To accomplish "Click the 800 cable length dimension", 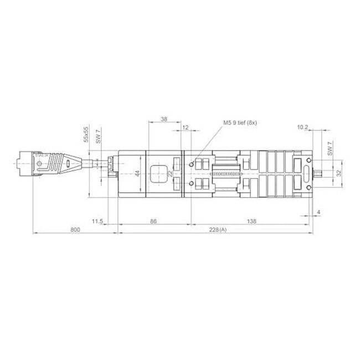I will pos(76,229).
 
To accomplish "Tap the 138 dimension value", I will pos(250,221).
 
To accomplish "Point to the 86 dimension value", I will pos(154,221).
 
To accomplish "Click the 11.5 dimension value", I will pos(97,221).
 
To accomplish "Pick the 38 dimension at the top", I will pos(164,119).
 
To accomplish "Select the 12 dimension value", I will pos(185,127).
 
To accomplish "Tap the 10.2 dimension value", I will pos(302,127).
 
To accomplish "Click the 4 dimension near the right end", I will pos(320,212).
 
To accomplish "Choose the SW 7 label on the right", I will pos(330,148).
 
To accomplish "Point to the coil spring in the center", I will pos(227,174).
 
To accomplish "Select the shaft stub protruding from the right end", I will pos(319,174).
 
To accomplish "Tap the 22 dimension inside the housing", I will pos(170,174).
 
